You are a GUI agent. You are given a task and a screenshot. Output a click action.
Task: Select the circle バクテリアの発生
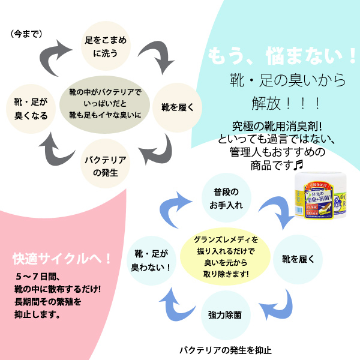105,163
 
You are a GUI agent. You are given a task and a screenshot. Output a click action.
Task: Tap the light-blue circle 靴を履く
294,259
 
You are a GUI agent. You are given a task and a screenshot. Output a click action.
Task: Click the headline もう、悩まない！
282,56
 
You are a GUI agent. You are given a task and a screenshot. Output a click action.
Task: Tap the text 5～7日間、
37,278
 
